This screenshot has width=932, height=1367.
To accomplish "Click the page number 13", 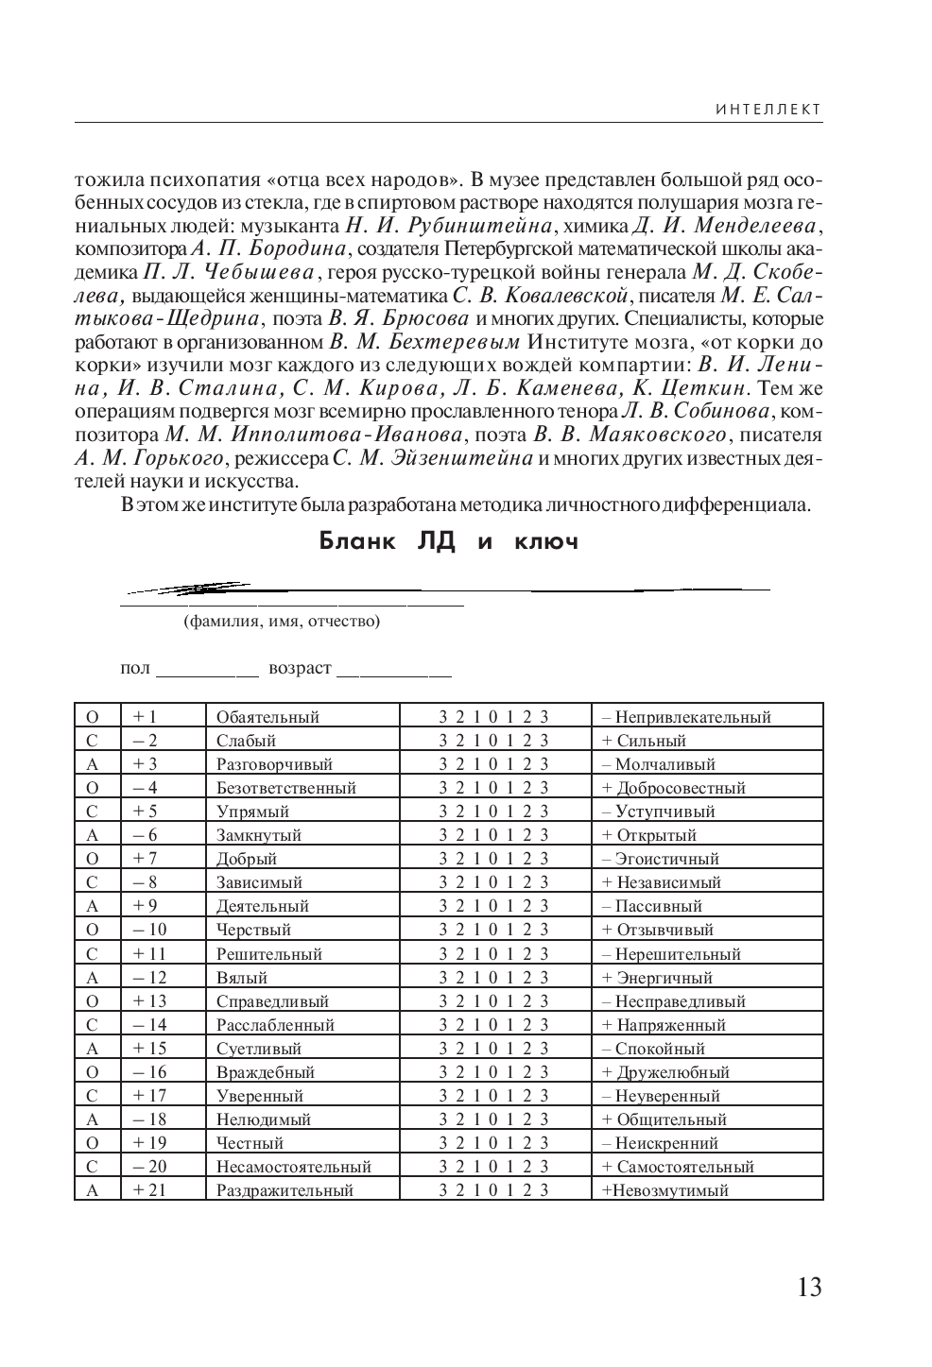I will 809,1287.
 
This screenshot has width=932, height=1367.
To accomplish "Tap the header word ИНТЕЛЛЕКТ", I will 768,110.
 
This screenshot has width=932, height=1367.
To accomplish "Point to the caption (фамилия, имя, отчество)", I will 282,622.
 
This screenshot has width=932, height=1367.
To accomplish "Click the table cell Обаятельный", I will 268,717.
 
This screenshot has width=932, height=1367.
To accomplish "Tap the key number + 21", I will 149,1190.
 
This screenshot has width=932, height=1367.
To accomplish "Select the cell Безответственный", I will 285,788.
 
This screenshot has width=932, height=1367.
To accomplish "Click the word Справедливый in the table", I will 272,1001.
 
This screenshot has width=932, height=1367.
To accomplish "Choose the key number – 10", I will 149,930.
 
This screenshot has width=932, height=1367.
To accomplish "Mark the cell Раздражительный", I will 285,1190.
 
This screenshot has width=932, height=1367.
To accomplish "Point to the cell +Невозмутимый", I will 665,1190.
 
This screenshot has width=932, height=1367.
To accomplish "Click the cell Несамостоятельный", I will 293,1167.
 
